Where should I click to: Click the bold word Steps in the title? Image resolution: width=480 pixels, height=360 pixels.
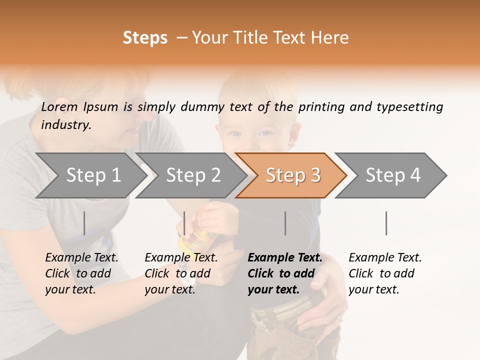[145, 38]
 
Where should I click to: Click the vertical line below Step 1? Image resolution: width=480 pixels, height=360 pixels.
[84, 223]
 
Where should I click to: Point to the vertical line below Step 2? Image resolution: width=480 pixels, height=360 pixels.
[184, 223]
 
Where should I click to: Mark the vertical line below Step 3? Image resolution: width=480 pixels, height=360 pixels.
[285, 223]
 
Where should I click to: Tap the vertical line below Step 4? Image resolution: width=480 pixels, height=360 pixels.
[386, 223]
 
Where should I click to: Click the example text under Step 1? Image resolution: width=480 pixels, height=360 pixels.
[81, 273]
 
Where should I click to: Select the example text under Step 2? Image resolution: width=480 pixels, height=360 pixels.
[181, 273]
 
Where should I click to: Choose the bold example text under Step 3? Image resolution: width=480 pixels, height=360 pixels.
[285, 273]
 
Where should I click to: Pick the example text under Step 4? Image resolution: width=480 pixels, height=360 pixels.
[385, 273]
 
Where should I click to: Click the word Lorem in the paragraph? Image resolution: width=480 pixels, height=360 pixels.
[59, 106]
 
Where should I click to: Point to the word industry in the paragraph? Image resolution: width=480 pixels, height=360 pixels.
[66, 125]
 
